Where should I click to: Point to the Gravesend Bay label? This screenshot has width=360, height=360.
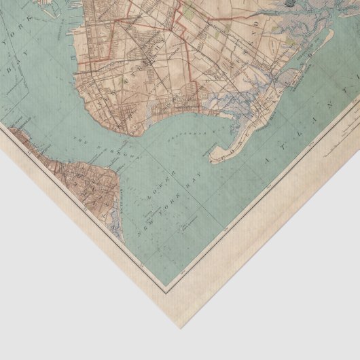182,128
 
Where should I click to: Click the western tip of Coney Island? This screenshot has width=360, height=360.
211,160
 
